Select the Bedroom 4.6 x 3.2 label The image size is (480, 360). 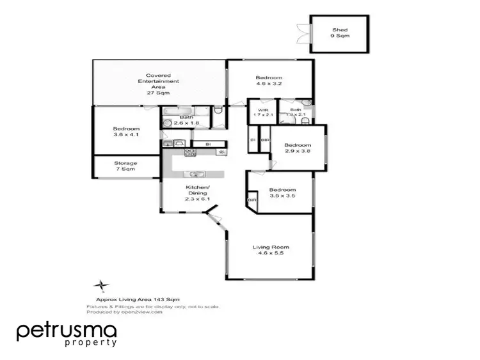click(x=269, y=79)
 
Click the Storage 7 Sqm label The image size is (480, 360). click(x=125, y=166)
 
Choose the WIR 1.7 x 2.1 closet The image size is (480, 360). click(x=262, y=113)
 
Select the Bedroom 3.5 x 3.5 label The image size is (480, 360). click(x=282, y=193)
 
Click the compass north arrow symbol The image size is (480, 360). click(x=101, y=285)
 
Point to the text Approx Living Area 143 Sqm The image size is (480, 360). click(x=137, y=299)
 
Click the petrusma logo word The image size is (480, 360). click(x=67, y=331)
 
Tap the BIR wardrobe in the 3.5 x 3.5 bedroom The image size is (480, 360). click(x=252, y=200)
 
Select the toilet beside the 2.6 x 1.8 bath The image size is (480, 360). click(x=218, y=112)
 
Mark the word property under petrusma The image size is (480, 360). click(x=92, y=343)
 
